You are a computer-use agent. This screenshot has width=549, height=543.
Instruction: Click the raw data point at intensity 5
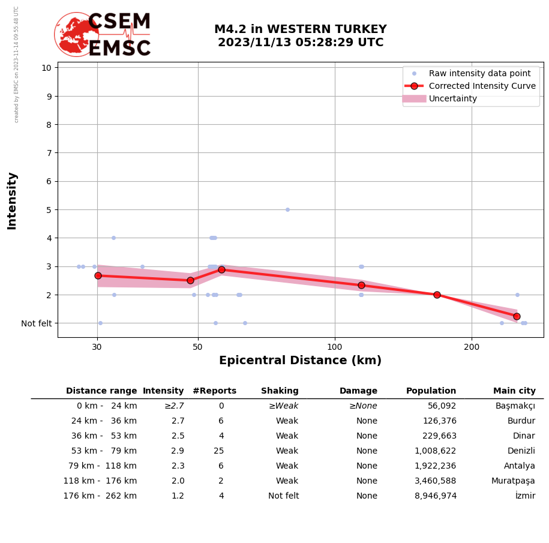click(x=287, y=209)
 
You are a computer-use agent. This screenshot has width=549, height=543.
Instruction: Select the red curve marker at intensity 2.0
click(x=437, y=295)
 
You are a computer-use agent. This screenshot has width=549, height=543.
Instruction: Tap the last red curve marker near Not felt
click(x=517, y=316)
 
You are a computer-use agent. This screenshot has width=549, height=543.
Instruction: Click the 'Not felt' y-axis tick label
click(x=37, y=323)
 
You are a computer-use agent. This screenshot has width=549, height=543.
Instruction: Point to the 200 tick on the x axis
click(x=472, y=346)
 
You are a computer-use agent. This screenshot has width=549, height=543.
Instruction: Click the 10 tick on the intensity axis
click(x=46, y=67)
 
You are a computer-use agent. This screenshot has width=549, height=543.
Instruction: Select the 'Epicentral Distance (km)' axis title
click(x=300, y=361)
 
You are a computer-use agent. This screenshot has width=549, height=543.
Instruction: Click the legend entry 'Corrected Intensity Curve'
click(x=482, y=86)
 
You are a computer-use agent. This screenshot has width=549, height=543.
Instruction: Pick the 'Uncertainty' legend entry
click(x=453, y=98)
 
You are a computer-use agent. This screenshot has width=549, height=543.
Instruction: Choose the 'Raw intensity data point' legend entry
click(x=479, y=73)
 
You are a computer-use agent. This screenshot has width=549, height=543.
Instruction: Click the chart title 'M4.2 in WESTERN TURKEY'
click(x=300, y=29)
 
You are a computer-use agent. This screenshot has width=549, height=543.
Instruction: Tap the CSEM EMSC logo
click(x=103, y=35)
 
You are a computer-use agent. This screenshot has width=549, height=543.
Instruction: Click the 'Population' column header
click(x=431, y=391)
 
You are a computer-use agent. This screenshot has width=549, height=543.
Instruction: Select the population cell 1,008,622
click(x=435, y=451)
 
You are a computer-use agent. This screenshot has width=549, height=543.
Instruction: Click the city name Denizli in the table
click(x=521, y=451)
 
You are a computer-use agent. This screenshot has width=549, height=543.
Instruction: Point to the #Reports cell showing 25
click(x=218, y=451)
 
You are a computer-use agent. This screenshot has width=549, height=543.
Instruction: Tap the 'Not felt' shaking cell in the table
click(x=283, y=496)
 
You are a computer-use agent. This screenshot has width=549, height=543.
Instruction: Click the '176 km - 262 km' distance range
click(x=100, y=496)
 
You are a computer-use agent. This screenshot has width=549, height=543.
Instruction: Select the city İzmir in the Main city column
click(x=525, y=496)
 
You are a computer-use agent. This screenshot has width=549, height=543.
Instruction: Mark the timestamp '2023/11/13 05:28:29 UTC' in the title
click(x=300, y=43)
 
